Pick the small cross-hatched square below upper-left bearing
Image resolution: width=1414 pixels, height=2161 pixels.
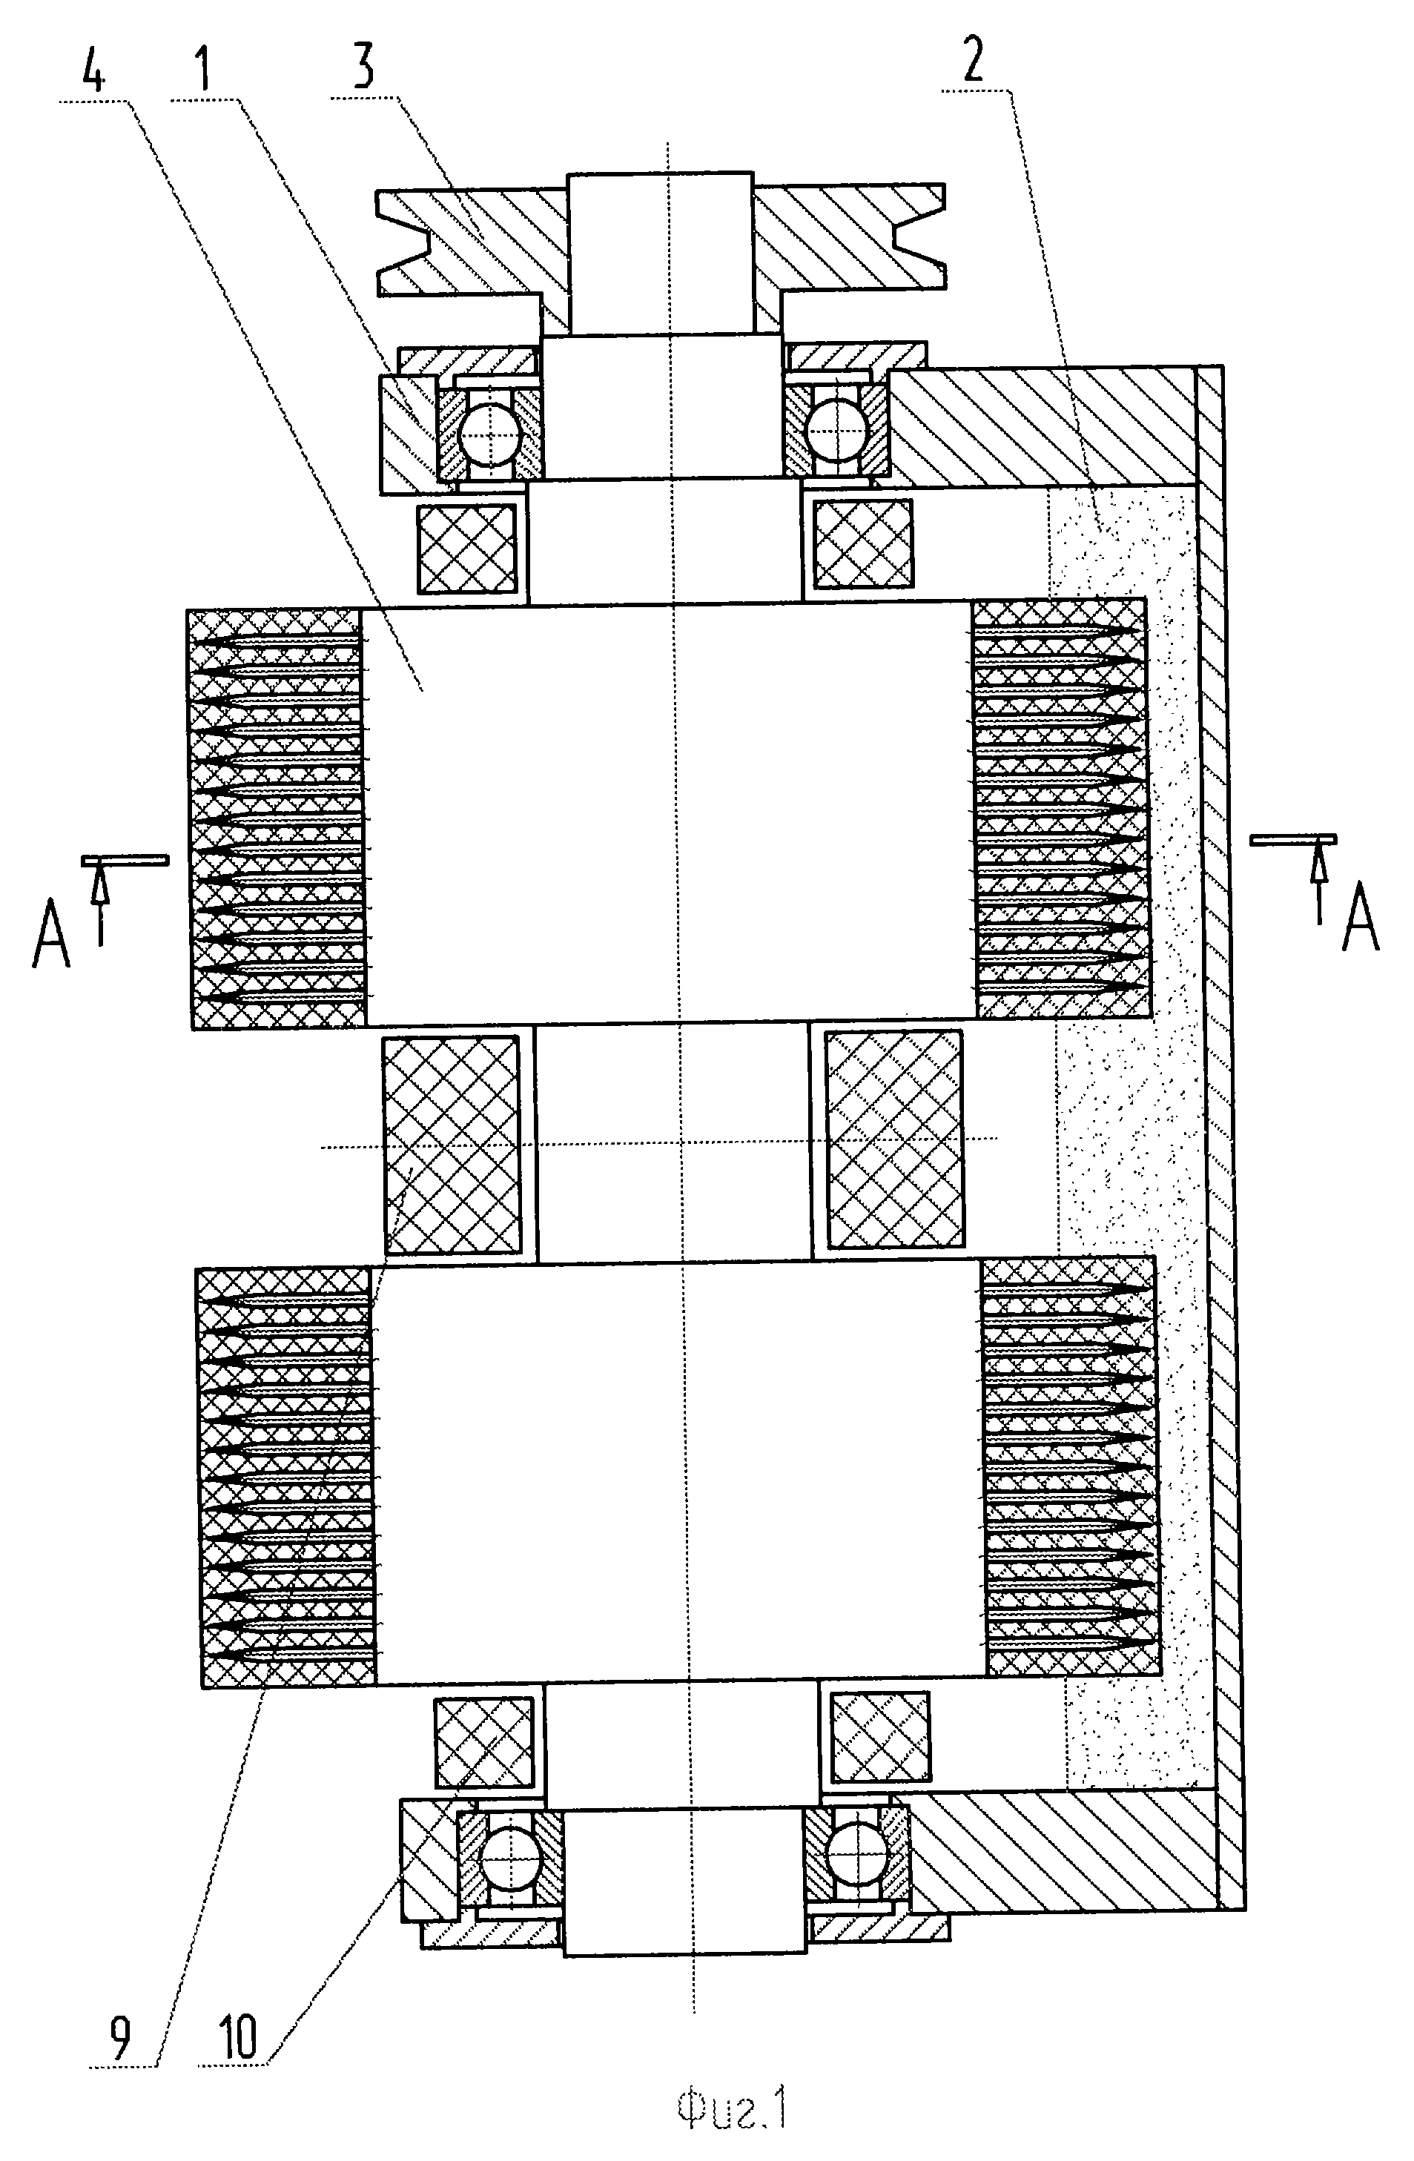pyautogui.click(x=466, y=546)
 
